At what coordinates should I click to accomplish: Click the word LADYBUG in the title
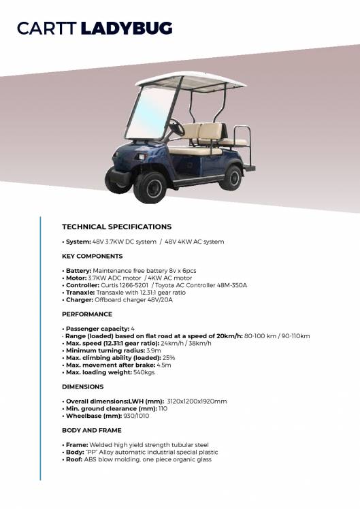(127, 29)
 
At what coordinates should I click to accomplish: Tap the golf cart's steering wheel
(176, 127)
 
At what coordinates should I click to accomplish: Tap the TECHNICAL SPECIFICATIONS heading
(116, 227)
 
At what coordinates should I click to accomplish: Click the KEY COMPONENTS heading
(93, 256)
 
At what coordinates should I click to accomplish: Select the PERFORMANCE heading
(87, 314)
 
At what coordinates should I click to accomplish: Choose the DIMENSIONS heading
(83, 387)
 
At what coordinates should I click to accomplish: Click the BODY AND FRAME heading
(92, 430)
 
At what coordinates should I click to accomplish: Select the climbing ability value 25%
(169, 358)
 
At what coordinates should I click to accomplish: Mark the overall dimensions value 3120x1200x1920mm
(197, 401)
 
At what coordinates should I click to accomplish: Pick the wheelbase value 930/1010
(137, 416)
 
